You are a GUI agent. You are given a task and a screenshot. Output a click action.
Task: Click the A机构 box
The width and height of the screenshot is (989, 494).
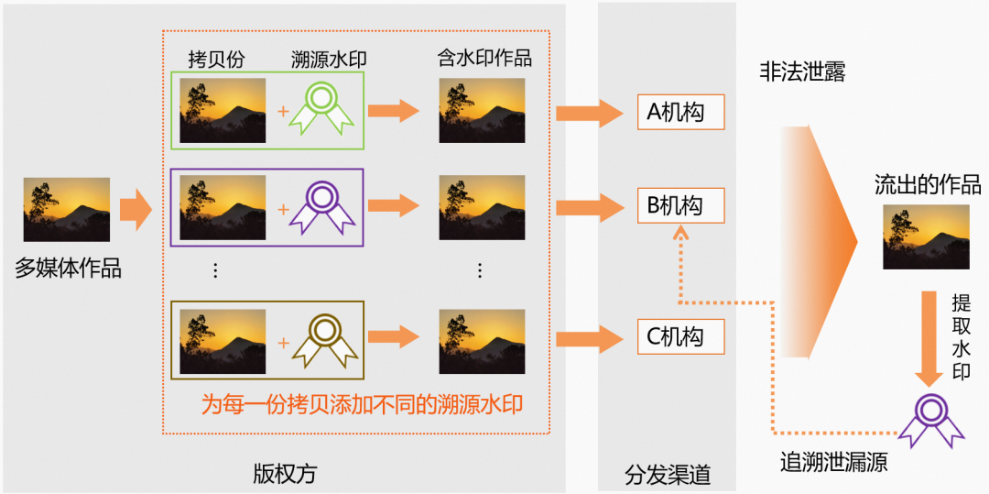[x=680, y=112]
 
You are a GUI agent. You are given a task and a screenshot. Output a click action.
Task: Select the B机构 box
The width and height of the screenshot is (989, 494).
[x=680, y=205]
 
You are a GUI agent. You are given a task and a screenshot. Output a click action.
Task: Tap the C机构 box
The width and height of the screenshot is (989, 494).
[x=680, y=336]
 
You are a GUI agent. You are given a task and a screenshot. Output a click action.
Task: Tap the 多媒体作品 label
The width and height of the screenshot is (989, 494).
[x=68, y=269]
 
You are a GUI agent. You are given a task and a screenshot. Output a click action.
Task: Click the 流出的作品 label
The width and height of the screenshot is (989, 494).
[x=927, y=185]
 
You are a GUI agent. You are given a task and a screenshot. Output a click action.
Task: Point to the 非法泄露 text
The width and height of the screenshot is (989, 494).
[x=801, y=72]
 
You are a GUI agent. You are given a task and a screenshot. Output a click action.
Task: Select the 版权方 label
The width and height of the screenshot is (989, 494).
[x=285, y=474]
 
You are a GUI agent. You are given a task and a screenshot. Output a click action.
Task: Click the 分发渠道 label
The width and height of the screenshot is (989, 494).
[x=668, y=476]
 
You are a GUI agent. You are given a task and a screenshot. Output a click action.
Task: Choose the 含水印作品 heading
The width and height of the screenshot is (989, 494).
[x=484, y=58]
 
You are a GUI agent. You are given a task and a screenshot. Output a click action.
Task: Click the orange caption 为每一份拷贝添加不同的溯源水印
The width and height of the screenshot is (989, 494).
[x=362, y=403]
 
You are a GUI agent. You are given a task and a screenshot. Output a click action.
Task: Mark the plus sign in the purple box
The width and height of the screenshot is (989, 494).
[x=283, y=209]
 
